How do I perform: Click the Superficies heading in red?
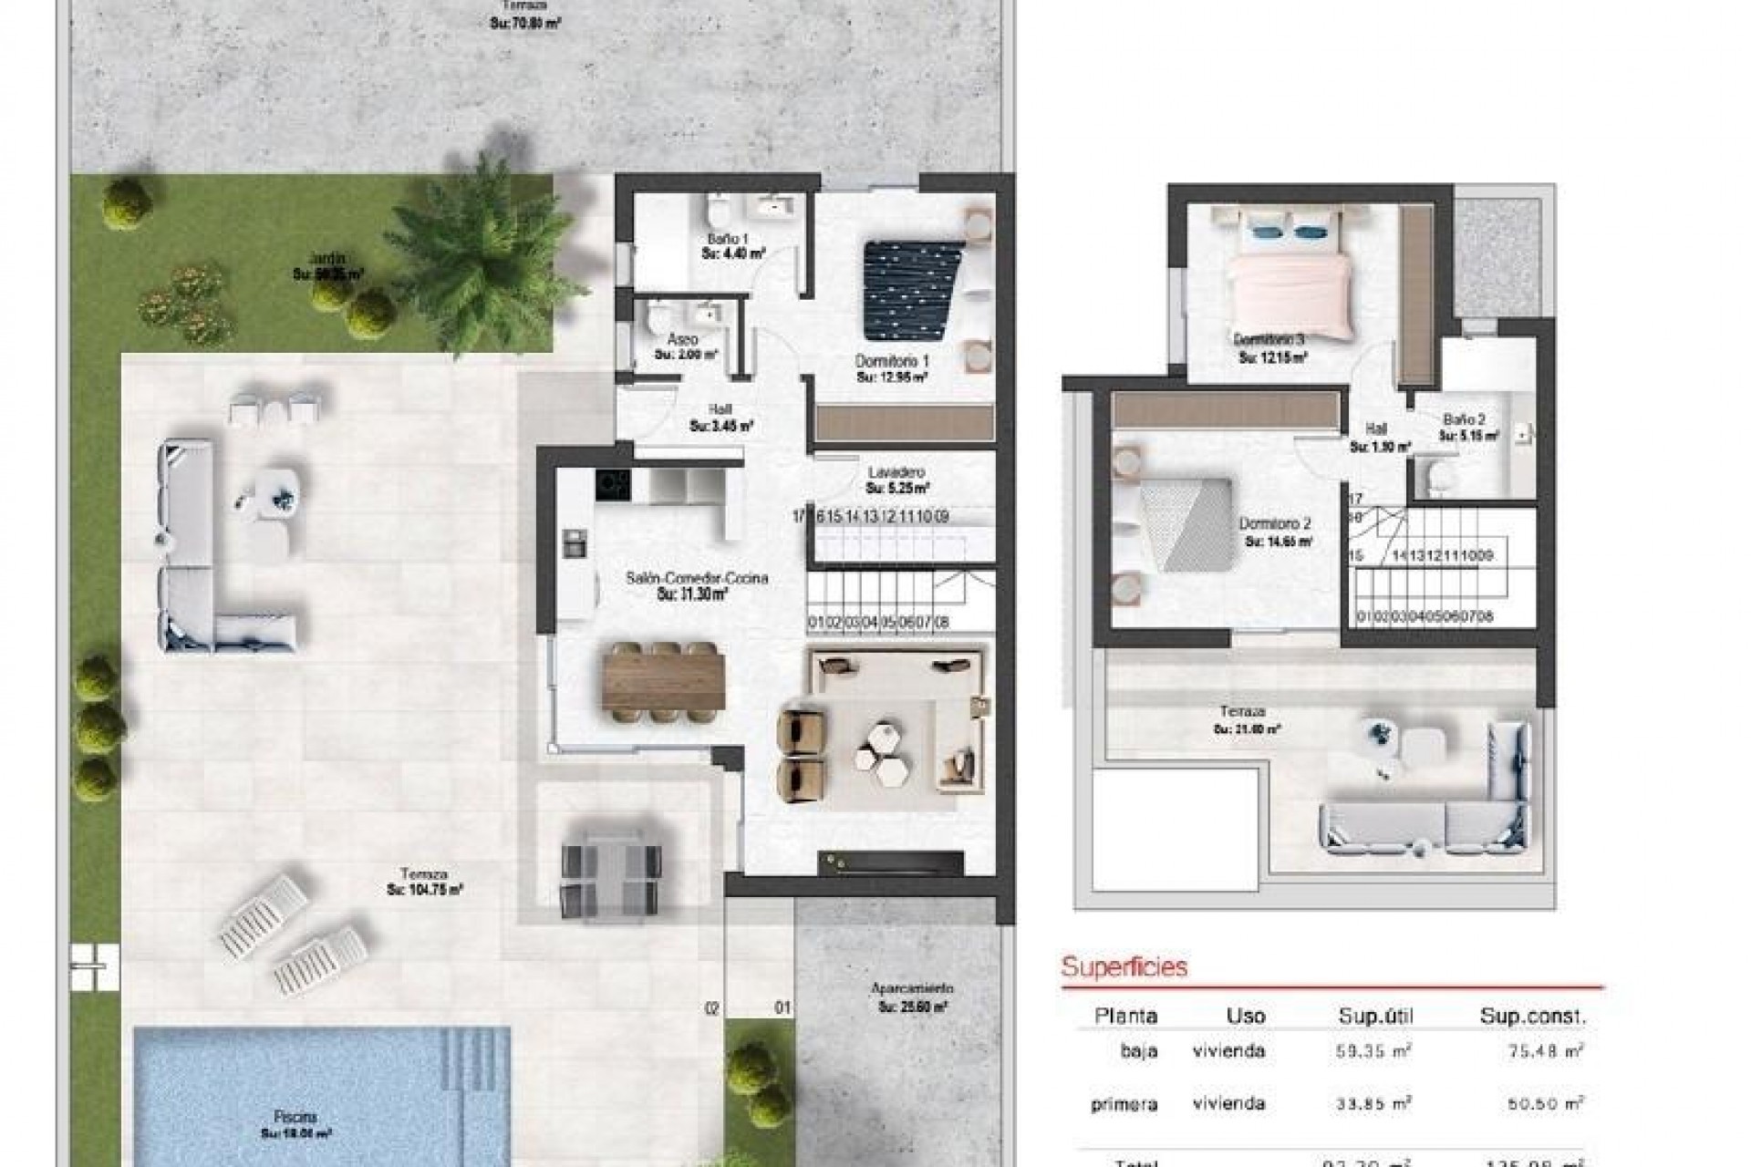click(x=1124, y=966)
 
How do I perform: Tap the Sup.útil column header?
click(x=1375, y=1016)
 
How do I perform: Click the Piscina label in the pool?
click(x=295, y=1117)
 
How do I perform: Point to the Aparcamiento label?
click(x=912, y=989)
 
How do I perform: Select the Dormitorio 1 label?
click(x=891, y=362)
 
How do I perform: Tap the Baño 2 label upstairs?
click(x=1464, y=420)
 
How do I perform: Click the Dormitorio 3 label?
click(x=1269, y=340)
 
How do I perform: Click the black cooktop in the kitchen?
click(x=613, y=484)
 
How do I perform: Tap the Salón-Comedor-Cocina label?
click(x=697, y=578)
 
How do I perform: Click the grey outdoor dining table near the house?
click(x=609, y=871)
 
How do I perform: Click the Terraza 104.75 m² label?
click(x=423, y=874)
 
